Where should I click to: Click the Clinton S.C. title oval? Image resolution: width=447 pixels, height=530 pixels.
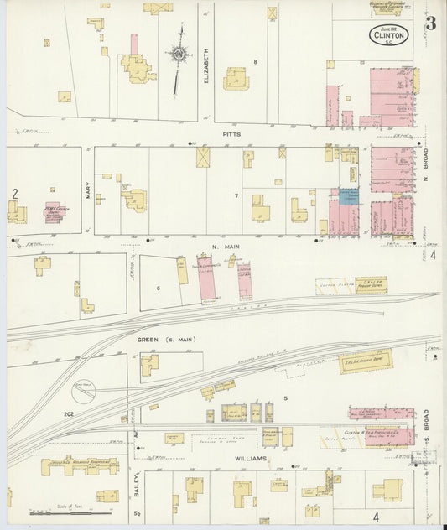tap(390, 35)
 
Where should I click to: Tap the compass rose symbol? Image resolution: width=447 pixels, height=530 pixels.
tap(179, 55)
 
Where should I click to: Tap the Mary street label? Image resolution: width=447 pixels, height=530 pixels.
tap(87, 192)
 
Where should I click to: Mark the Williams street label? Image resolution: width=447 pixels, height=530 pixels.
tap(251, 459)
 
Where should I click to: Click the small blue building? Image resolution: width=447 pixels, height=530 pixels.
tap(348, 195)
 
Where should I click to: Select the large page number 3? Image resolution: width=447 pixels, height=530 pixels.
tap(429, 23)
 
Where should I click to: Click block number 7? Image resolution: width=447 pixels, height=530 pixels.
tap(236, 195)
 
